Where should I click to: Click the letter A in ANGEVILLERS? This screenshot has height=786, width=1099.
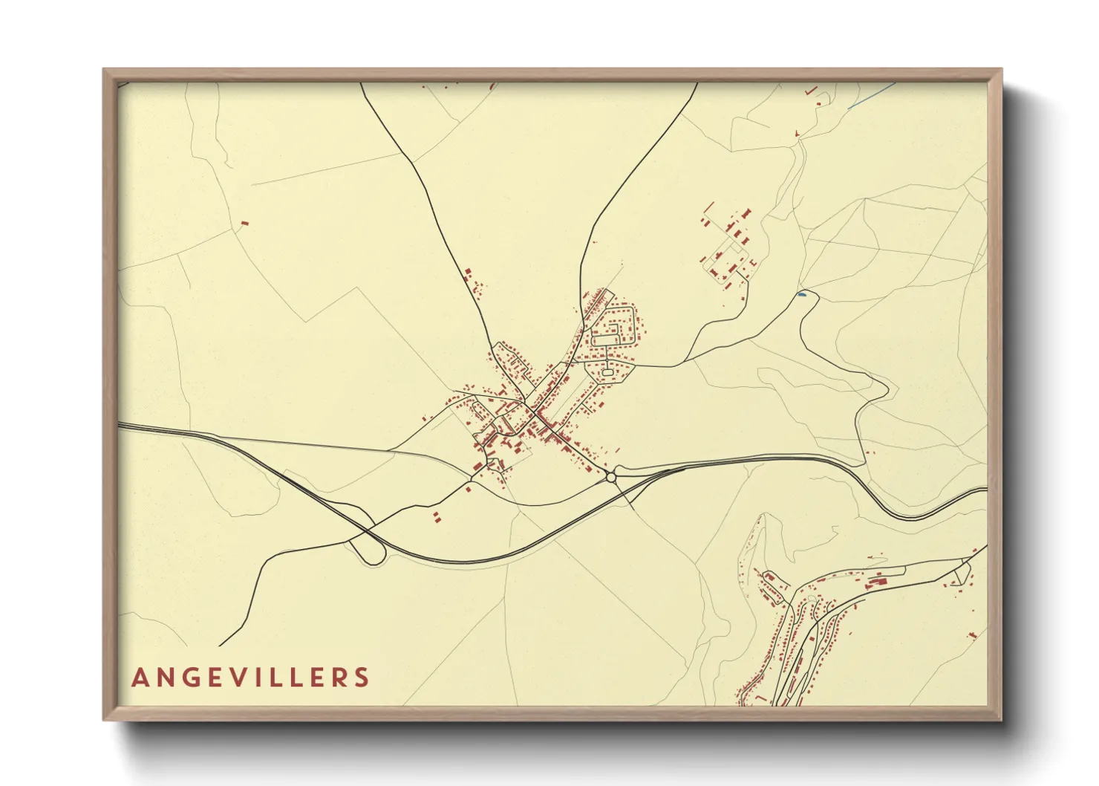coord(140,678)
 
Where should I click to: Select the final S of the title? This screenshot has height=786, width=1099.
coord(362,678)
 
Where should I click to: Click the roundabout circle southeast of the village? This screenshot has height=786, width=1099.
coord(611,478)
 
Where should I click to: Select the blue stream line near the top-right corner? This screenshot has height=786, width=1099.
coord(873,97)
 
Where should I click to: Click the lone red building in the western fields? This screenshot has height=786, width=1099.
coord(244,222)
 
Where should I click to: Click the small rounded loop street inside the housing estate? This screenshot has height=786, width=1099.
coord(607,371)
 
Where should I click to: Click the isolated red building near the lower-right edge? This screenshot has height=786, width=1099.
coord(972,634)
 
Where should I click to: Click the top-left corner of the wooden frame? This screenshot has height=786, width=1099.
coord(104,70)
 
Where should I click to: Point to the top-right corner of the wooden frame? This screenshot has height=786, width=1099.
coord(1001,70)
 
